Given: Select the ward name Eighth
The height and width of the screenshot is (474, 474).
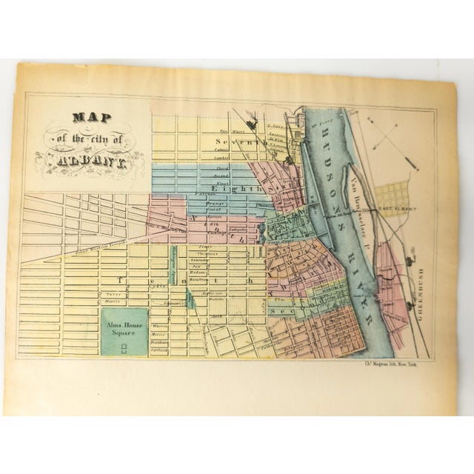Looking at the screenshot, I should pos(238,190).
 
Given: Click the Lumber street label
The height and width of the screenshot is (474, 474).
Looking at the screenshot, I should pos(221,158).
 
